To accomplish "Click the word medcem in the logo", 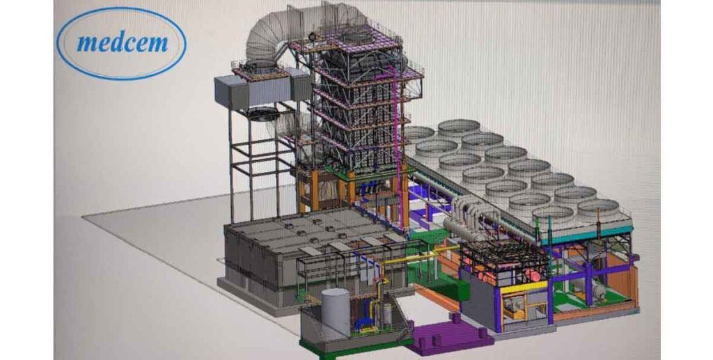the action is (x=123, y=43).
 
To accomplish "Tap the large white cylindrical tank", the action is (x=336, y=313).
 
